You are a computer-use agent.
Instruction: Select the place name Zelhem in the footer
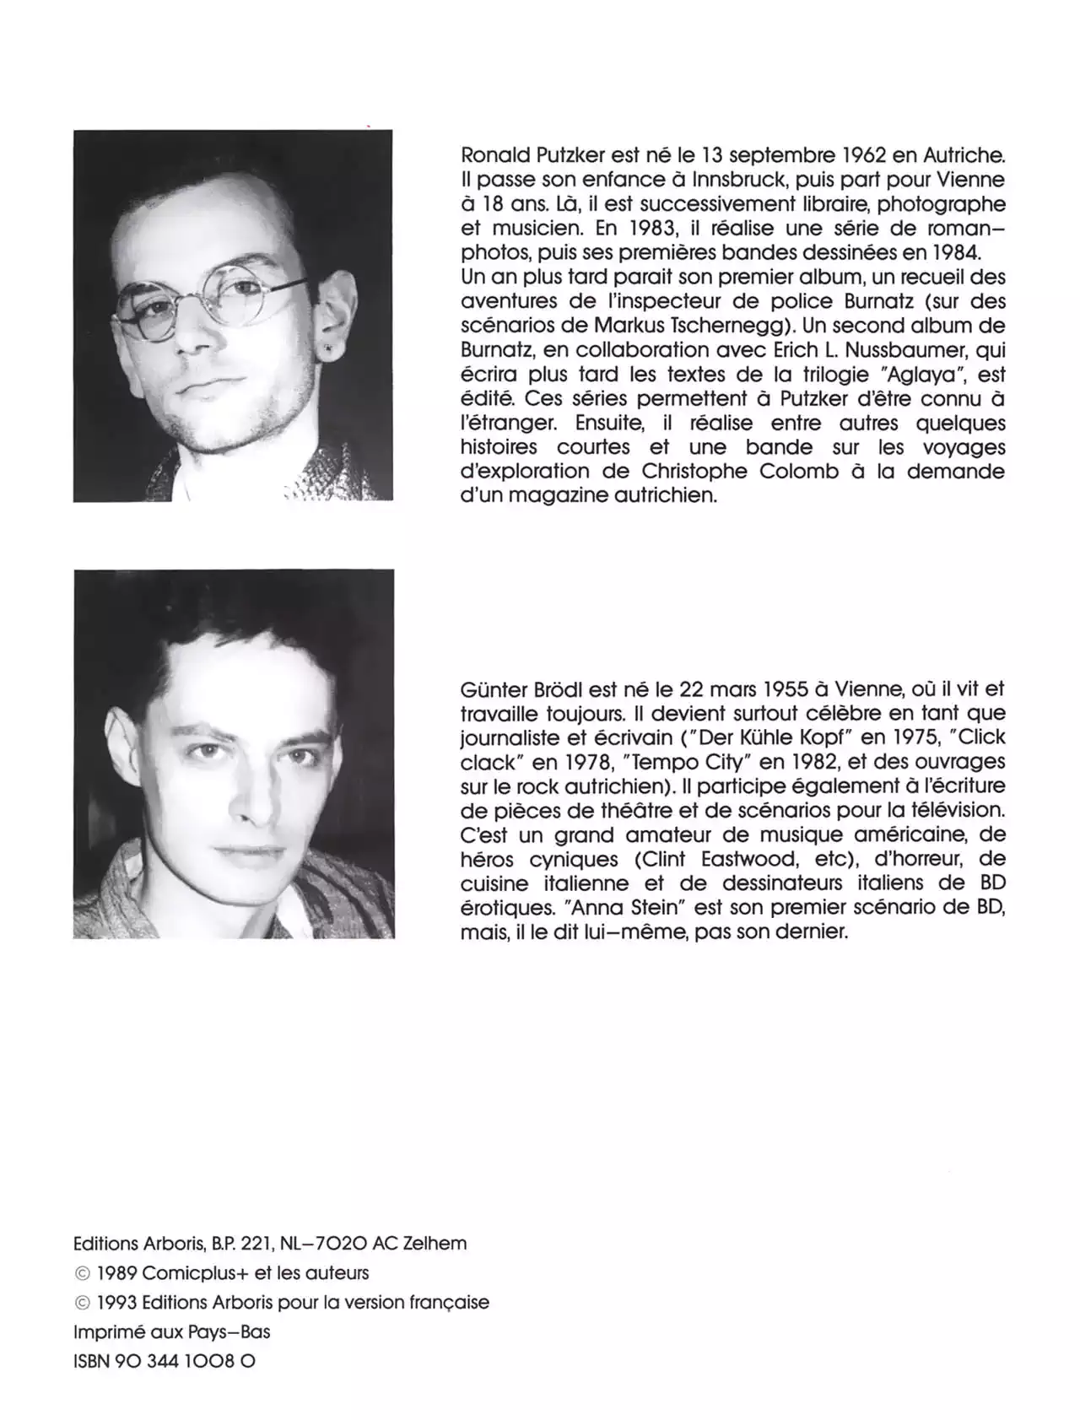435,1243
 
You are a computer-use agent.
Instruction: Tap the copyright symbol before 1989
82,1273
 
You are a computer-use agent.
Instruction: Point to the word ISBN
92,1361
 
